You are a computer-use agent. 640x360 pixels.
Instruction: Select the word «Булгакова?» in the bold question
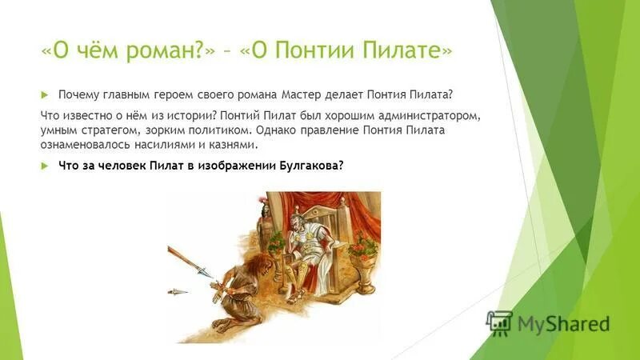point(310,166)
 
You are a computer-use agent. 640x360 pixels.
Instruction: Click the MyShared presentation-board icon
point(499,323)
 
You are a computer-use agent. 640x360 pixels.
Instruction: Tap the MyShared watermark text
point(563,324)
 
